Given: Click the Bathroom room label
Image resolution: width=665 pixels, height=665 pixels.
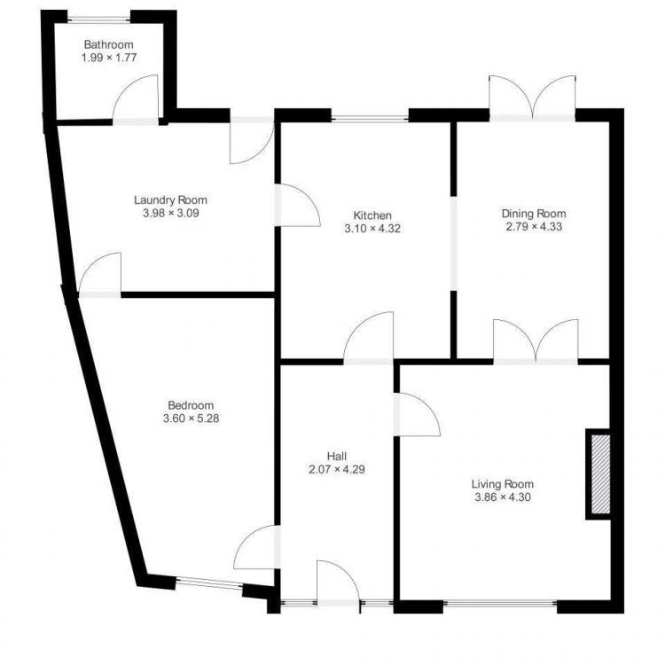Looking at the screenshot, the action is tap(108, 44).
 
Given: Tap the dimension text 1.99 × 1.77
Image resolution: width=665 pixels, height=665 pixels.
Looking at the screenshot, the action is tap(109, 58).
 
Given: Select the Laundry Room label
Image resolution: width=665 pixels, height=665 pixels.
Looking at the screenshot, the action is tap(170, 199).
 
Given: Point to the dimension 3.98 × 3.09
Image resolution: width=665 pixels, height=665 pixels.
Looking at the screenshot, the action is tap(171, 213).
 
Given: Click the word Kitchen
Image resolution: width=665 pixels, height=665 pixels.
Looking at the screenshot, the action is tap(372, 215).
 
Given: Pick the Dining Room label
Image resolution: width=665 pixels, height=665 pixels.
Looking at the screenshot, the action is tap(534, 214).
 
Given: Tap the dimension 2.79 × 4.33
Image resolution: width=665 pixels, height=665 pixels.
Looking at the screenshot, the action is tap(534, 226).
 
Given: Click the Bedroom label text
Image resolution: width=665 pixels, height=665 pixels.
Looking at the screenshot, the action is tap(191, 405).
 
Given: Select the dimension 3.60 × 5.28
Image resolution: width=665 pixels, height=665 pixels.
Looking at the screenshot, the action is tap(191, 419).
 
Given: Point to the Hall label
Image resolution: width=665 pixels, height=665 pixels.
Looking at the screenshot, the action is tap(337, 457).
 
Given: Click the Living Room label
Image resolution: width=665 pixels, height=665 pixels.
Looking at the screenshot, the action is tap(503, 484).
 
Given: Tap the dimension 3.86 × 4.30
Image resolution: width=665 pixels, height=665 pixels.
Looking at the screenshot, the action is tap(503, 497).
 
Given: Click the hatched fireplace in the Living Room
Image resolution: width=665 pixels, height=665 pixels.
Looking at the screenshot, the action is tap(600, 474).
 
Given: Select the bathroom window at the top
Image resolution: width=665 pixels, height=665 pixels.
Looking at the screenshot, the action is tap(98, 19).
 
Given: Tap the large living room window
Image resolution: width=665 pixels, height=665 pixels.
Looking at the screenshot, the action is tap(500, 603).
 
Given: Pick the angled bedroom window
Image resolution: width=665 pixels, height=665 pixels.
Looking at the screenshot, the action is tap(209, 583).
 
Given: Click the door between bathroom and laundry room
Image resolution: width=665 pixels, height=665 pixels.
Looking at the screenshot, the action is tap(136, 100).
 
